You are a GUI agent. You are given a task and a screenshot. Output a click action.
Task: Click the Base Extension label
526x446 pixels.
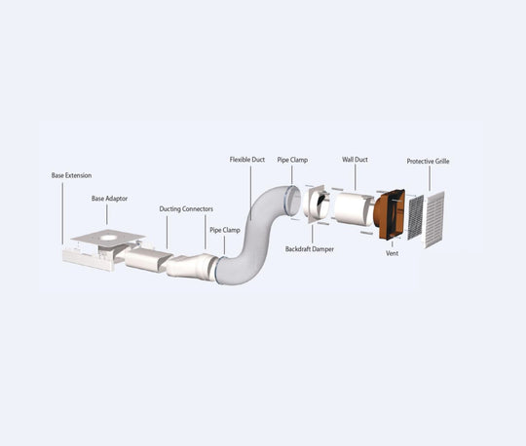tap(71, 175)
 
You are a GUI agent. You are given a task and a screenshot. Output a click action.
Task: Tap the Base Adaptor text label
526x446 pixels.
tap(109, 199)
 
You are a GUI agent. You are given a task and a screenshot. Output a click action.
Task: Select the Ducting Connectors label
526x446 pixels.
tap(186, 209)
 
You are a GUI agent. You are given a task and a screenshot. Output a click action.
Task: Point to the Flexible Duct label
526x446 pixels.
tap(247, 160)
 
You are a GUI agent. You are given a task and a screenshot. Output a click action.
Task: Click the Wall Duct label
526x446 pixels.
tap(355, 160)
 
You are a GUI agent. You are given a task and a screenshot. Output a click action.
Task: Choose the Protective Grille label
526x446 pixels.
tap(428, 162)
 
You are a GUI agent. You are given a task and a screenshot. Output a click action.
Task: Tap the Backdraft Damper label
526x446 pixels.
tap(310, 249)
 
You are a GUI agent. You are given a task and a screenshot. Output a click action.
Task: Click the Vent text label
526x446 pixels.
tap(393, 253)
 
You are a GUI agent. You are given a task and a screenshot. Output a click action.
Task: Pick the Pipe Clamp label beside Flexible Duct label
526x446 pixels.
tap(292, 160)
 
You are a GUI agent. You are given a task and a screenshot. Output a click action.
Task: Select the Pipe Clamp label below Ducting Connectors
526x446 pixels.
tap(225, 230)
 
